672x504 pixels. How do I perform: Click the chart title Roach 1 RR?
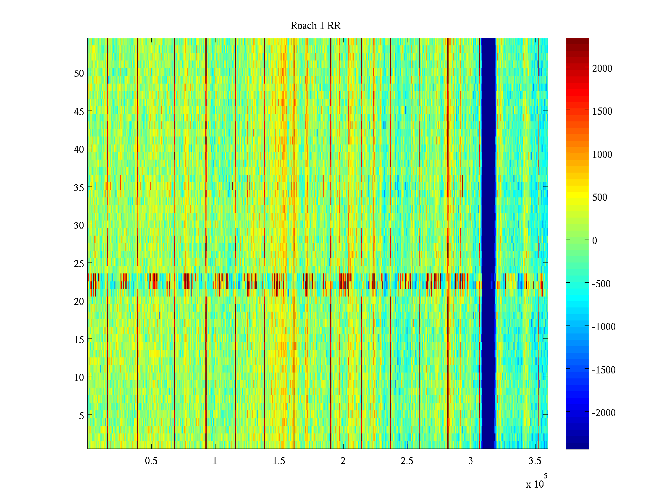pos(315,26)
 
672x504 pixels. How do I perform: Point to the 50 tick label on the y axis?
pos(79,73)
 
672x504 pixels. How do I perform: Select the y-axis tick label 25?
pos(79,263)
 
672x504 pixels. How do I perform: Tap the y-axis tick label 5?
pos(81,415)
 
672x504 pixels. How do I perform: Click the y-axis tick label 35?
pos(79,187)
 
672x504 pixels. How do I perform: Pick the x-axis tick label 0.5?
pos(151,461)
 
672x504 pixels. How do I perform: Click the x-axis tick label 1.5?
pos(279,461)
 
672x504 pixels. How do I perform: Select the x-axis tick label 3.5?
pos(535,461)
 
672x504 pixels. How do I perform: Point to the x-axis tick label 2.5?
pos(407,461)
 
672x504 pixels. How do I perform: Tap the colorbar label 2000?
pos(602,68)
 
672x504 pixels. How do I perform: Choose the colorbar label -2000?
pos(604,413)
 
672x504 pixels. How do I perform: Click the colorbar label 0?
pos(595,241)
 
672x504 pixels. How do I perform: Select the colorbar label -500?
pos(601,284)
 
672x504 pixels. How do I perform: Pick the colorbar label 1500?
pos(602,111)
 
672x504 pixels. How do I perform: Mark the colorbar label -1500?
pos(604,370)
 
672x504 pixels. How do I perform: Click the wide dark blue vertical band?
pos(488,244)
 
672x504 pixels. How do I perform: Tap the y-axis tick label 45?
pos(79,111)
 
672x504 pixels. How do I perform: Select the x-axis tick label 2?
pos(343,461)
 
